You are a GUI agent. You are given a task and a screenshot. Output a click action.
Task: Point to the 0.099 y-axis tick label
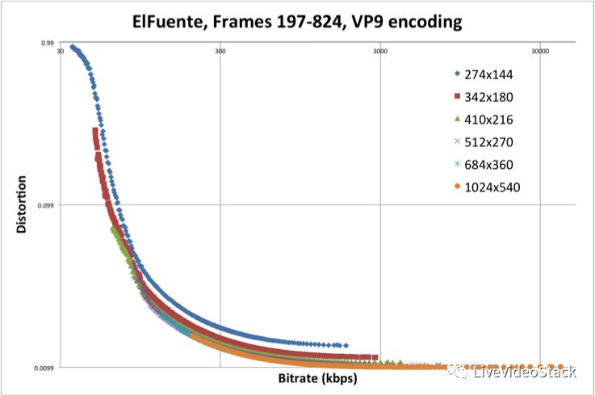tap(44, 205)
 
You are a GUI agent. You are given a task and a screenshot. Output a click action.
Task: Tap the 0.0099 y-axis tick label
tap(43, 369)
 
